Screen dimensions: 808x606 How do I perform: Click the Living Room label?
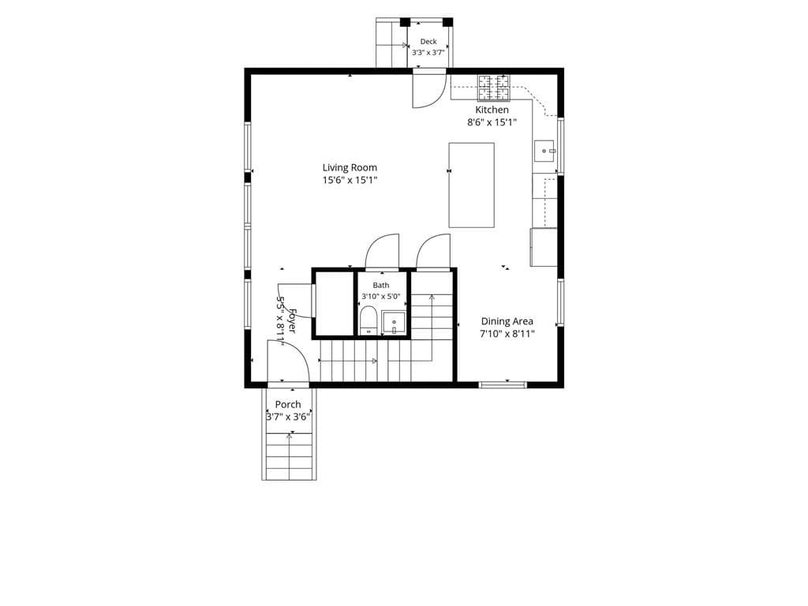[350, 167]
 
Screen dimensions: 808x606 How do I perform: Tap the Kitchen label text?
[492, 110]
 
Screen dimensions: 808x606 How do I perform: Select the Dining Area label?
[507, 322]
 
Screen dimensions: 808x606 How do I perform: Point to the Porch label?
[288, 405]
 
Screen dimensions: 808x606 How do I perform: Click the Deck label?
[428, 42]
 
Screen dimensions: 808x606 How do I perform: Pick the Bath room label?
[381, 285]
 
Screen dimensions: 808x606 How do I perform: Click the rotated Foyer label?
[292, 321]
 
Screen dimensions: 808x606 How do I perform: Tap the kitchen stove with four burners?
[494, 88]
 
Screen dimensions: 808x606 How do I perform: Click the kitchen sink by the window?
[544, 151]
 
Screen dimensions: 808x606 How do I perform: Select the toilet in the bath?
[368, 320]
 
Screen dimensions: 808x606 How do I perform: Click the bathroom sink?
[394, 323]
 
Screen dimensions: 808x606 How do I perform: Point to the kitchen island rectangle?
[472, 185]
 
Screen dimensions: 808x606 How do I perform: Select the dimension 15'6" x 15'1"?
[350, 181]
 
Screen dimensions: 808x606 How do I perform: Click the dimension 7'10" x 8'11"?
[507, 334]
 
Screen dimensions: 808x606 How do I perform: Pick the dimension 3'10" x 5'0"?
[381, 297]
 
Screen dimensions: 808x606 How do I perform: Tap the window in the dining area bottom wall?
[503, 384]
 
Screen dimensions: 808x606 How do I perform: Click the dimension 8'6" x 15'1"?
[492, 122]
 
